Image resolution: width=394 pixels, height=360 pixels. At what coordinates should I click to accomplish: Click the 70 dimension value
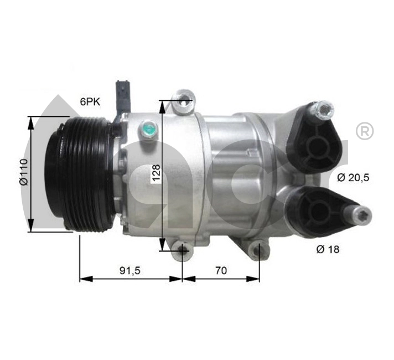coord(221,270)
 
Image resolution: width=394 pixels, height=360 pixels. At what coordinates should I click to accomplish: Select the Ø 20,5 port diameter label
coord(352,177)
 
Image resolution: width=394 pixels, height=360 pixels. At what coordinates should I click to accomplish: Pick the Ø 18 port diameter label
coord(328,250)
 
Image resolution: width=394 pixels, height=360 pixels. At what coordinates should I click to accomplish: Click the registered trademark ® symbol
coord(364,132)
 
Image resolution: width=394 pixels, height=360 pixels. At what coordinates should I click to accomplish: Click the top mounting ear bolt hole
coord(183,101)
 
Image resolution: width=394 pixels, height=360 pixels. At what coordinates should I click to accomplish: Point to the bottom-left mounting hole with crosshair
coord(182,251)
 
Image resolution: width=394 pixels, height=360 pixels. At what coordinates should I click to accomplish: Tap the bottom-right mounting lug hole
coord(256,251)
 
